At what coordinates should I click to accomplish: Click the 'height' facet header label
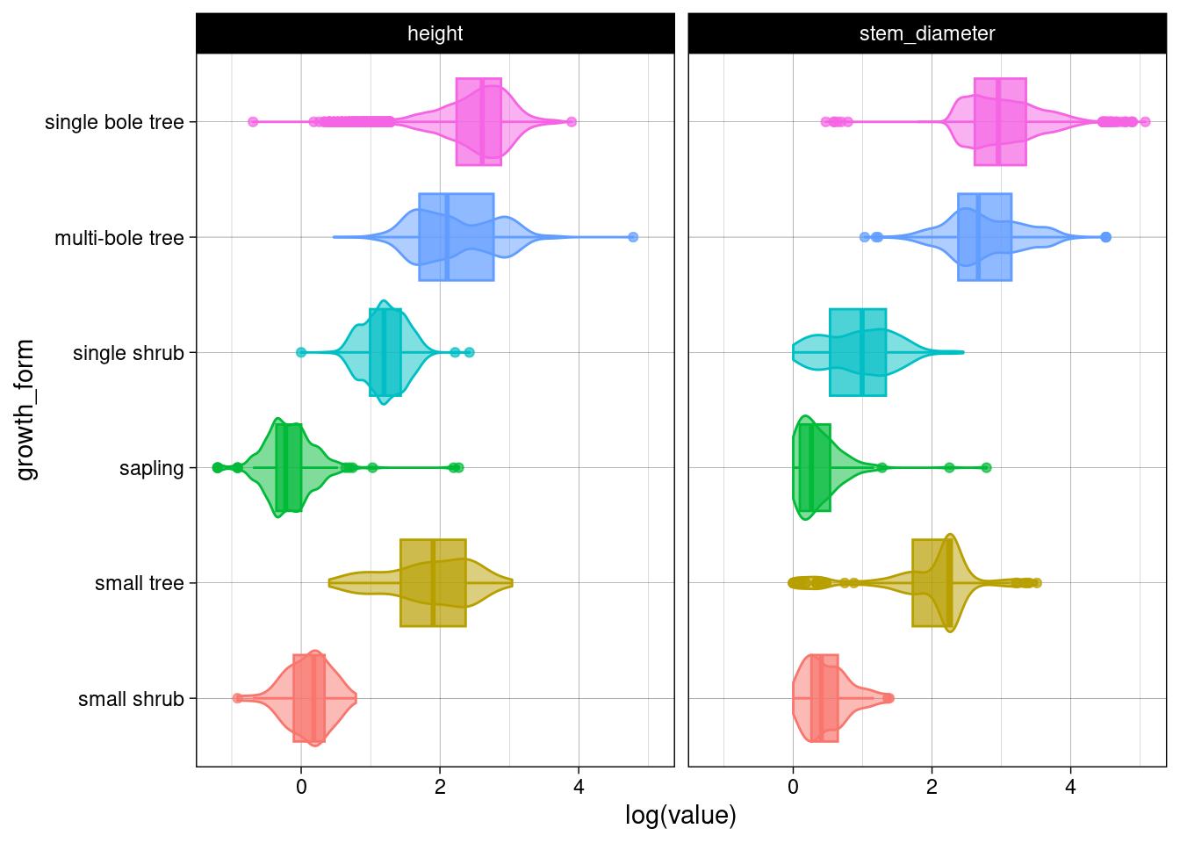435,33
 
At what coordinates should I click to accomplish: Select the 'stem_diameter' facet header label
926,33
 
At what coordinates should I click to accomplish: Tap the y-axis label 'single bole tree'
114,122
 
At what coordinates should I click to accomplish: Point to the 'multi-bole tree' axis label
119,238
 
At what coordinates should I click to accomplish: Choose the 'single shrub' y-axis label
128,353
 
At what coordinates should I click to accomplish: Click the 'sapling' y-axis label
151,468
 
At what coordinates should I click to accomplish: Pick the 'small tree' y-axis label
139,583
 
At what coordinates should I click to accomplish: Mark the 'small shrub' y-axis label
131,699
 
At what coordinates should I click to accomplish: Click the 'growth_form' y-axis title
25,410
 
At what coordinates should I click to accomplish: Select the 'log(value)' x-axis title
680,815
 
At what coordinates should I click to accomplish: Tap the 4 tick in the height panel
579,787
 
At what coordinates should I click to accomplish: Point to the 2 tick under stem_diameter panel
932,787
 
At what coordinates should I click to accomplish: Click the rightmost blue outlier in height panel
633,237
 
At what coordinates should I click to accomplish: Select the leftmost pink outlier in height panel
253,122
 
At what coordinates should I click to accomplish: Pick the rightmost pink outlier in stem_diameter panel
1145,122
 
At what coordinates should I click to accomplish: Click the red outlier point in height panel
237,698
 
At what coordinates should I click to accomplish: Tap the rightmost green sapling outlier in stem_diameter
986,468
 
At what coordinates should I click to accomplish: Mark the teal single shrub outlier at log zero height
301,352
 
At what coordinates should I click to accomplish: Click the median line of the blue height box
447,237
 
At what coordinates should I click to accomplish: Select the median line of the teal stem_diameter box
862,352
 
